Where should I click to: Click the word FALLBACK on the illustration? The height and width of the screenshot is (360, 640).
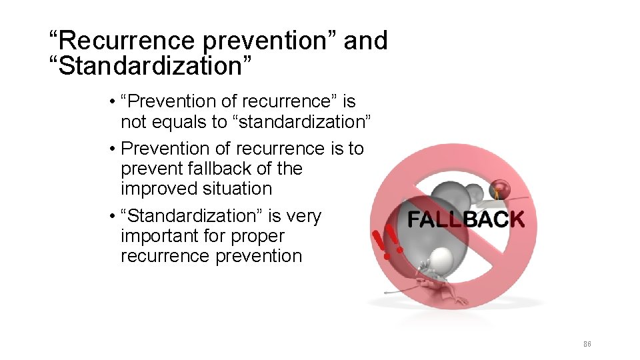click(x=465, y=219)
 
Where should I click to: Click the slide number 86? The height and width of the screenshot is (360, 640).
click(x=587, y=344)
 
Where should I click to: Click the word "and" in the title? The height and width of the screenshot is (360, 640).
click(x=365, y=41)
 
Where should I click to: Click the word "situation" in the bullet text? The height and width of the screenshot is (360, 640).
click(x=236, y=189)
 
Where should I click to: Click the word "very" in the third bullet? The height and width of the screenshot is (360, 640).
click(x=305, y=216)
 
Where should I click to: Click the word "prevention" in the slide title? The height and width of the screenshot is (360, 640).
click(x=271, y=41)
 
